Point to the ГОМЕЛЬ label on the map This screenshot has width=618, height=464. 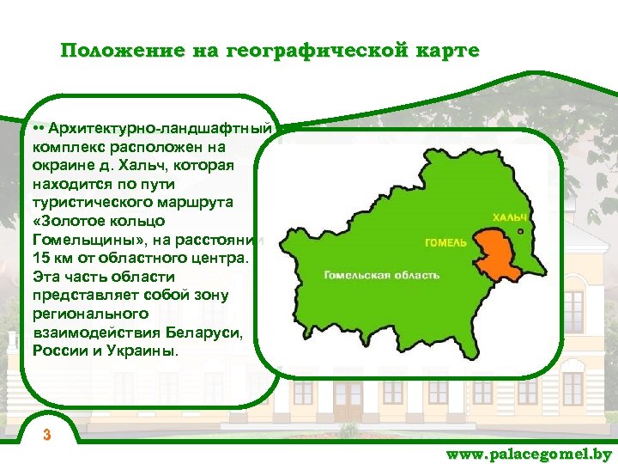coord(445,242)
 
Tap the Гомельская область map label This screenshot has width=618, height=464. coord(382,275)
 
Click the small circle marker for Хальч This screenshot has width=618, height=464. coord(521,230)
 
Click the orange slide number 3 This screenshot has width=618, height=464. coord(48,435)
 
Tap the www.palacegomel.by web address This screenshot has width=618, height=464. coord(529,454)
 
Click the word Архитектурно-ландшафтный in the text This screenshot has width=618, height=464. coord(160,129)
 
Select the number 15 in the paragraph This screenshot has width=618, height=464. coord(40,257)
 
